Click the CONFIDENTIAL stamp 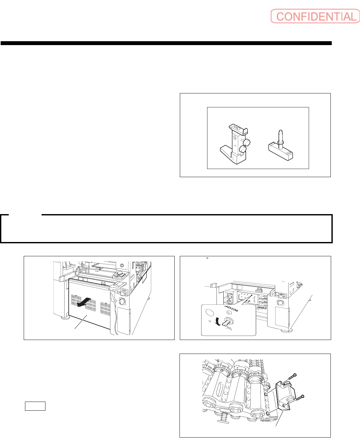[x=315, y=16]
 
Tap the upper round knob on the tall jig [x=247, y=142]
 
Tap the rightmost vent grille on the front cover [x=106, y=308]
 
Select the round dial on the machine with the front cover [x=122, y=301]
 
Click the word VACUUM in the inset [x=231, y=309]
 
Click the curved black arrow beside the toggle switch [x=218, y=321]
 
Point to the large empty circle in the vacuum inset [x=210, y=312]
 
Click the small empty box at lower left [x=35, y=406]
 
